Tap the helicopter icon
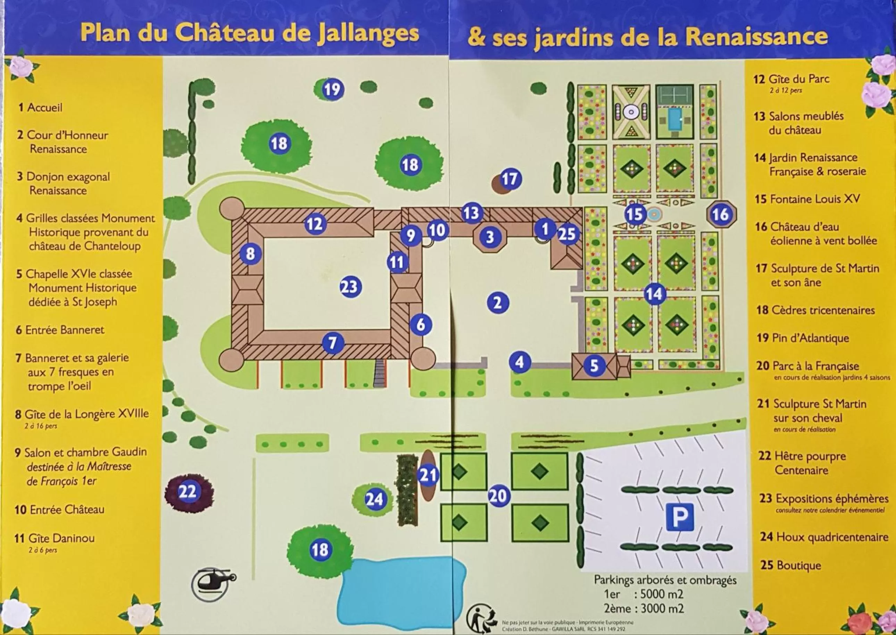point(213,584)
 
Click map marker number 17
point(510,179)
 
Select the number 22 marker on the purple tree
point(187,491)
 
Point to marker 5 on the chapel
point(594,366)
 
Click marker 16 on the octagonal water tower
point(721,214)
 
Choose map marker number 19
point(333,89)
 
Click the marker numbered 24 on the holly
point(374,499)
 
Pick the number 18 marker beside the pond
point(319,550)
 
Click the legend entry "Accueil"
point(44,108)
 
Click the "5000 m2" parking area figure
point(662,594)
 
